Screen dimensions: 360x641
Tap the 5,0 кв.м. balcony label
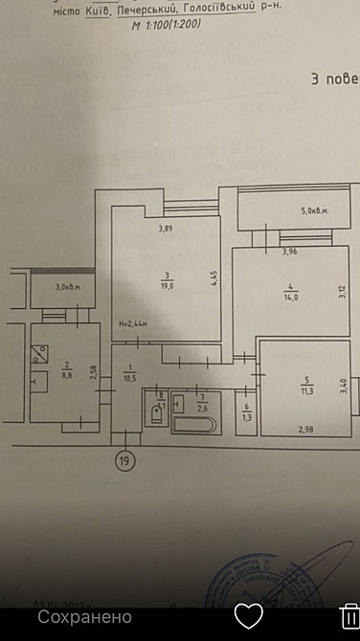point(315,211)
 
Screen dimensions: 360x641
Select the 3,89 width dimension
point(167,228)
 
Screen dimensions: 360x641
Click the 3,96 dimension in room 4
point(290,252)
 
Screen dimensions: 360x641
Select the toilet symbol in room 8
point(156,415)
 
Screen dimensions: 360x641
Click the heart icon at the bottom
point(248,615)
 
